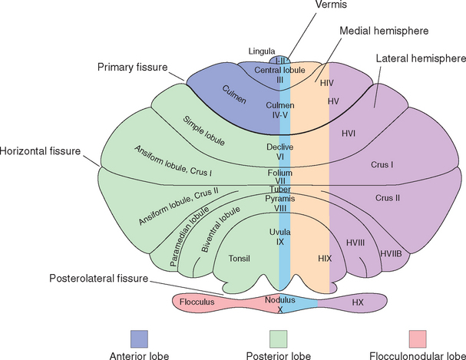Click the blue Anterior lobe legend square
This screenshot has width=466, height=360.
coord(138,337)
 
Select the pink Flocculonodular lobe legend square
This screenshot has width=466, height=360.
coord(418,337)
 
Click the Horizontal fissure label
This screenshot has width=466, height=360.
coord(39,151)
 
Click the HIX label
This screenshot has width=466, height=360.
coord(324,259)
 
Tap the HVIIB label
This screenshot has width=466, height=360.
coord(392,253)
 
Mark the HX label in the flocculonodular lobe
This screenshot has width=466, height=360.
coord(357,302)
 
